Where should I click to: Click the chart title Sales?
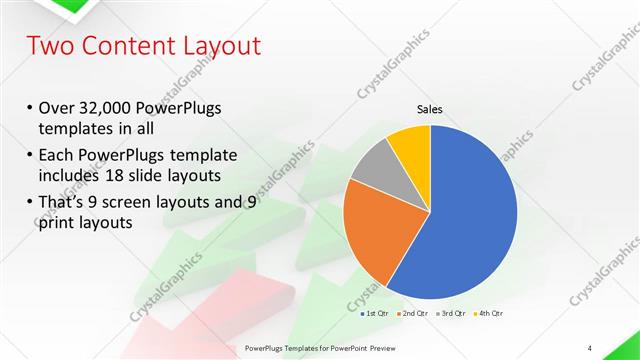click(430, 110)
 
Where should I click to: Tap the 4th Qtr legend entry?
click(488, 314)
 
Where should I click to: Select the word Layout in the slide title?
click(215, 46)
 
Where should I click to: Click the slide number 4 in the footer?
click(590, 348)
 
